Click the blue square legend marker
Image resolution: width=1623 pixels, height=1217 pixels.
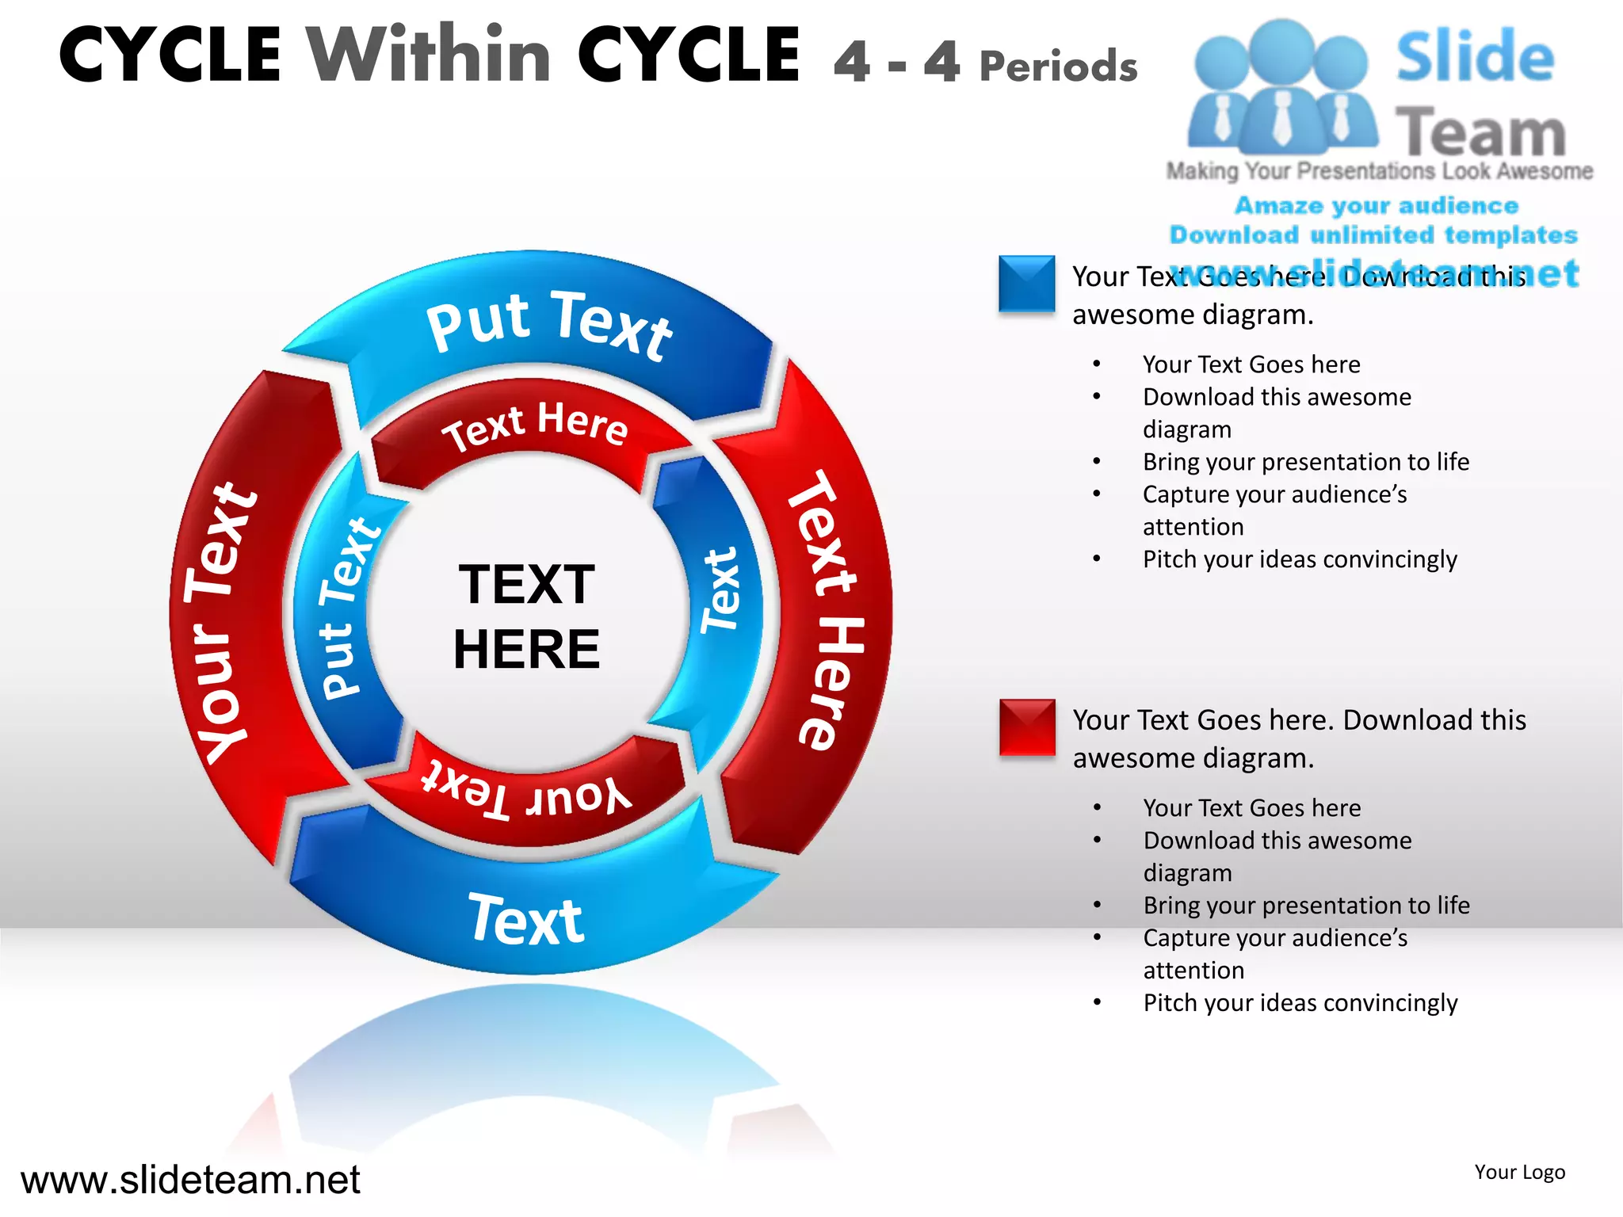[x=1026, y=283]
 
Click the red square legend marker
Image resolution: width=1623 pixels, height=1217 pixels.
[x=1027, y=727]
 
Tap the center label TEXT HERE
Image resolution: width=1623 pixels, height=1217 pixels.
[x=526, y=616]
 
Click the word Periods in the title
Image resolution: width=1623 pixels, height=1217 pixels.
[x=1059, y=65]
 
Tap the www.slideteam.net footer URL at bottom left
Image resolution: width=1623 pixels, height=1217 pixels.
[x=190, y=1179]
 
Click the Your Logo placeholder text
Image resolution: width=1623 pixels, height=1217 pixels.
[x=1519, y=1172]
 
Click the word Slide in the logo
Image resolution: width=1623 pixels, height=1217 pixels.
[x=1475, y=56]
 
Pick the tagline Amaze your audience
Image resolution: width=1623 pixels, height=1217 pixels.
[x=1377, y=205]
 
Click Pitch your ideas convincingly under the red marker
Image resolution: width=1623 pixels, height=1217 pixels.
[x=1300, y=1003]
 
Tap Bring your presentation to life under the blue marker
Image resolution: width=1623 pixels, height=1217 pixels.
[x=1305, y=462]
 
